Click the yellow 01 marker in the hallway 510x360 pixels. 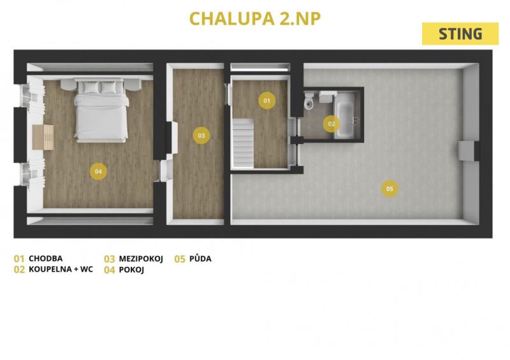click(x=266, y=101)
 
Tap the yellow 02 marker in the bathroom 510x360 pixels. click(x=331, y=124)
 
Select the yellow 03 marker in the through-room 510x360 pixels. click(x=201, y=135)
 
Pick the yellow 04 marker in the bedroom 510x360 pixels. click(x=98, y=171)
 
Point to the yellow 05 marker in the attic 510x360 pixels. click(x=390, y=189)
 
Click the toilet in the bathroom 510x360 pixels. click(x=309, y=101)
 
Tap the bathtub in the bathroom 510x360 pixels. click(x=345, y=115)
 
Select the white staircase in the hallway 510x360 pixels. click(x=242, y=143)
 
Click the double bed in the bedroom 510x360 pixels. click(x=101, y=110)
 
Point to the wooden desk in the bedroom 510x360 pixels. click(x=43, y=137)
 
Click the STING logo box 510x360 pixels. click(x=460, y=34)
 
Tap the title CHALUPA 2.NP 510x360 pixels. click(x=255, y=18)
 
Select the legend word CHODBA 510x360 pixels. click(x=45, y=259)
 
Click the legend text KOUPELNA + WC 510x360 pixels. click(x=61, y=270)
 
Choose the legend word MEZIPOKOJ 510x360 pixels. click(x=141, y=259)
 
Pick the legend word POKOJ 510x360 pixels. click(x=131, y=270)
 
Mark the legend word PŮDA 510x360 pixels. click(x=200, y=259)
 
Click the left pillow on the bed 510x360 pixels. click(x=89, y=87)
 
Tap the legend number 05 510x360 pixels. click(x=180, y=259)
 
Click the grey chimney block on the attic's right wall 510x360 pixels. click(x=467, y=151)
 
